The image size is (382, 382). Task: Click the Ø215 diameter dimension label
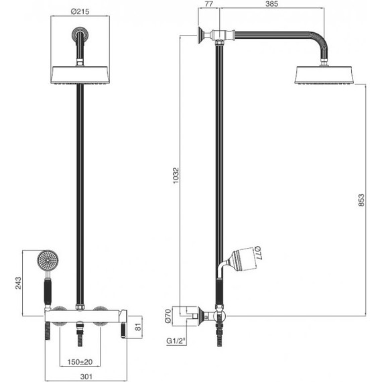80,11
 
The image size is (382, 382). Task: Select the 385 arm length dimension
271,3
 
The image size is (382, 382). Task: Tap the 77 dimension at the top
209,3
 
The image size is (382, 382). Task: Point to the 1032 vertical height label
176,176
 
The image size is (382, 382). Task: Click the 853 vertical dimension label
361,200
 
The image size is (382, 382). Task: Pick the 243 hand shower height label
18,283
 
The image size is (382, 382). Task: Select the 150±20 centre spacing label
80,362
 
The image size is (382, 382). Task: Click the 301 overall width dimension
86,377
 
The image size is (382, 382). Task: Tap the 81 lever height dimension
138,327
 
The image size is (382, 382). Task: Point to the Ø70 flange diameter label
168,316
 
